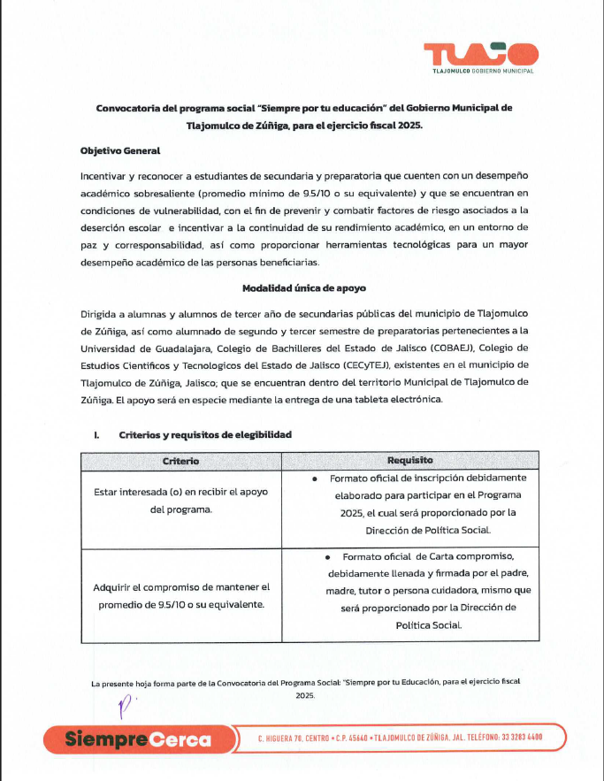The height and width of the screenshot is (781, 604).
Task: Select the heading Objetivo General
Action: (120, 151)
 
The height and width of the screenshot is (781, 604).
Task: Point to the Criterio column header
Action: (180, 461)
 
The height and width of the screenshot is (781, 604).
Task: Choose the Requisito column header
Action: (409, 461)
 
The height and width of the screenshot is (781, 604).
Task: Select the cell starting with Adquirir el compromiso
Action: (180, 595)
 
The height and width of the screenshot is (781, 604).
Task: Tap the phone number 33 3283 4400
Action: (508, 738)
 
